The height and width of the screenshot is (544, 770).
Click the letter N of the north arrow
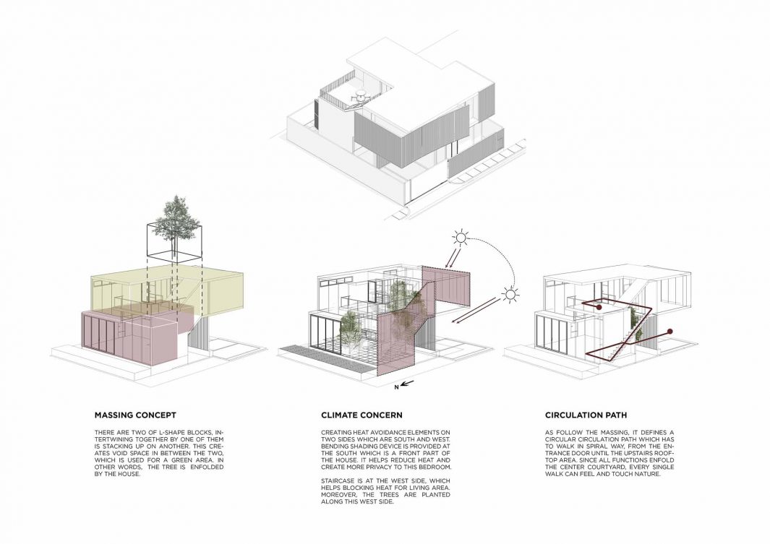point(396,387)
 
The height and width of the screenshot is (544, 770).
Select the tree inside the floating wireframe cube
point(173,220)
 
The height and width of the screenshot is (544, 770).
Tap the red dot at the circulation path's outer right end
point(670,332)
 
